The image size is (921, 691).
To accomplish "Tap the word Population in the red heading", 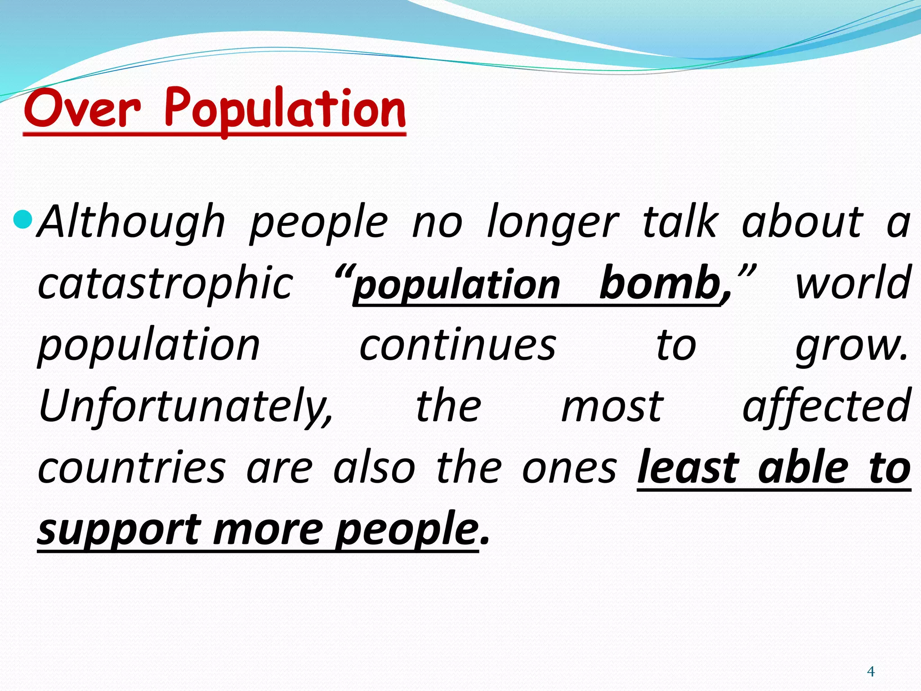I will (x=285, y=109).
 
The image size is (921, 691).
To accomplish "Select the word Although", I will (x=131, y=221).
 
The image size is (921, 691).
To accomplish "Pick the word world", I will (x=853, y=283).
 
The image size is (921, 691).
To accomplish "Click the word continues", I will (x=458, y=345).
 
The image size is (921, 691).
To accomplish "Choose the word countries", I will (x=131, y=468).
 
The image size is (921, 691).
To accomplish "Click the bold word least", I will (x=688, y=468).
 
